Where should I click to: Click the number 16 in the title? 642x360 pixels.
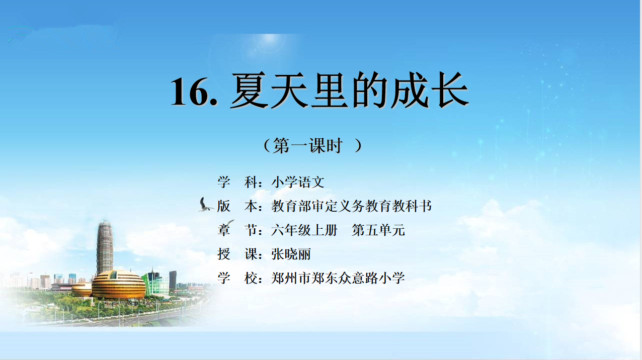pos(190,92)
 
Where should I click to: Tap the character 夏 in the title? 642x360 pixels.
pos(250,90)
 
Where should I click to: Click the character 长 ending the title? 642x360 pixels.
pos(450,90)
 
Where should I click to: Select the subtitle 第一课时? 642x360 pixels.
pos(307,145)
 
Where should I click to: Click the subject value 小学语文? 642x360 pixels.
pos(298,182)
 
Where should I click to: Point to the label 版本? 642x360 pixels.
pos(237,206)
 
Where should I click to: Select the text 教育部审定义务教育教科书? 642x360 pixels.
pos(351,206)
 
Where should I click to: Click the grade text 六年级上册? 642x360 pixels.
pos(304,230)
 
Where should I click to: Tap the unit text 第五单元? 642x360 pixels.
pos(378,230)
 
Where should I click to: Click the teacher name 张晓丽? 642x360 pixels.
pos(291,254)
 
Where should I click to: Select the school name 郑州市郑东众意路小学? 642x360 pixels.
pos(338,278)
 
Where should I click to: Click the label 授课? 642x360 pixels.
pos(237,254)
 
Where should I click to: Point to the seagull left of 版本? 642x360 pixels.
pos(205,205)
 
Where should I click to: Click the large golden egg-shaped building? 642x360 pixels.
pos(119,285)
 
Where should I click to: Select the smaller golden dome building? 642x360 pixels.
pos(82,289)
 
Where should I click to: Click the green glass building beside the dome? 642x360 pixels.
pos(156,284)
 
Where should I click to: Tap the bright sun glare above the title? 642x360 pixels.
pos(269,43)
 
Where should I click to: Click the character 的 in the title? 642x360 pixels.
pos(370,90)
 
